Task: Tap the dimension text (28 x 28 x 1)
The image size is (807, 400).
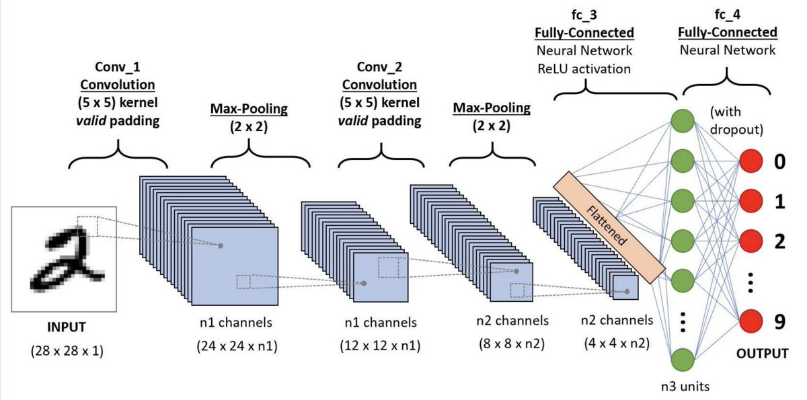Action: [x=67, y=350]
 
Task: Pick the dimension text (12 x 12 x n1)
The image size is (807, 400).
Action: [x=381, y=346]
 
